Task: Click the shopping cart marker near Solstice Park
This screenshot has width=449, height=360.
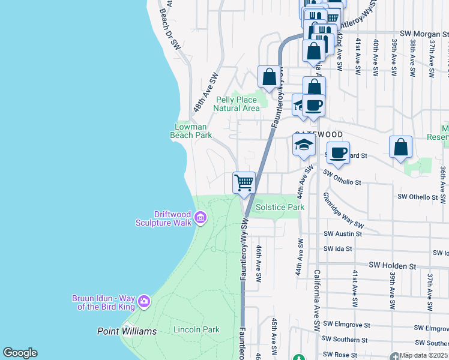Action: tap(244, 182)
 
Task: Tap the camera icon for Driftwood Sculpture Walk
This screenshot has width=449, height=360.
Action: tap(200, 218)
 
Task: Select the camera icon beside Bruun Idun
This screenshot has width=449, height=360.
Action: tap(143, 301)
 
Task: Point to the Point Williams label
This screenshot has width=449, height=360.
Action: tap(127, 331)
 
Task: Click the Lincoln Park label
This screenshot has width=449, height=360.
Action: tap(196, 329)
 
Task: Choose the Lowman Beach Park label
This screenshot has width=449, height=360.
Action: tap(191, 131)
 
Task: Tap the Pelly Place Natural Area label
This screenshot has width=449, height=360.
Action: tap(237, 104)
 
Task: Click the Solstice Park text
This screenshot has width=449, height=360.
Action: tap(280, 207)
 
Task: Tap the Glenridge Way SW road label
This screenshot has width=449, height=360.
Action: tap(343, 210)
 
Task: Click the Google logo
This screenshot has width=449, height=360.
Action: tap(20, 353)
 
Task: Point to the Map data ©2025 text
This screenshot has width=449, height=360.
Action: tap(423, 355)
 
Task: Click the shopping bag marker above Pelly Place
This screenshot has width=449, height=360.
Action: tap(269, 77)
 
